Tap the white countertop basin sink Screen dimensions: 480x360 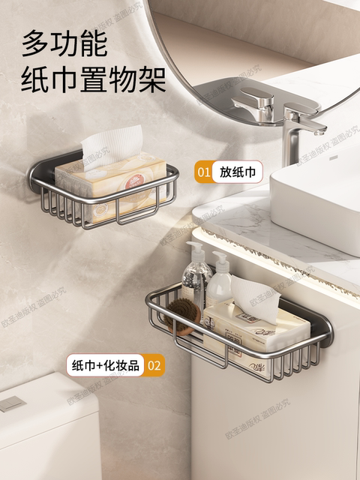[315, 199]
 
